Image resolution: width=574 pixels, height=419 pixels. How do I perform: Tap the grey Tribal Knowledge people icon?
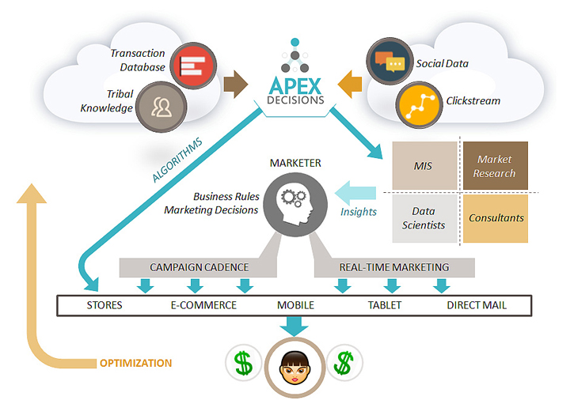click(x=160, y=107)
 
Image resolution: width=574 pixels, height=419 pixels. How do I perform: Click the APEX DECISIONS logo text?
click(x=295, y=89)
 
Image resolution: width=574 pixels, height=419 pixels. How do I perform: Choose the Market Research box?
click(x=495, y=166)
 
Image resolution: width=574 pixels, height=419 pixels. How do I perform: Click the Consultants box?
click(x=495, y=217)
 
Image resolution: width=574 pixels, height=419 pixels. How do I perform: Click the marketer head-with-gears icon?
click(x=291, y=202)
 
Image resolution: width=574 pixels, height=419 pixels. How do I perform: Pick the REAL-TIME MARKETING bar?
click(x=393, y=267)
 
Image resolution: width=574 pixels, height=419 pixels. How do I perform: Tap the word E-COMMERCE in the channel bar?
click(x=203, y=305)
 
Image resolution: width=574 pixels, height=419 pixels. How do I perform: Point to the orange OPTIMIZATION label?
click(x=135, y=364)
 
